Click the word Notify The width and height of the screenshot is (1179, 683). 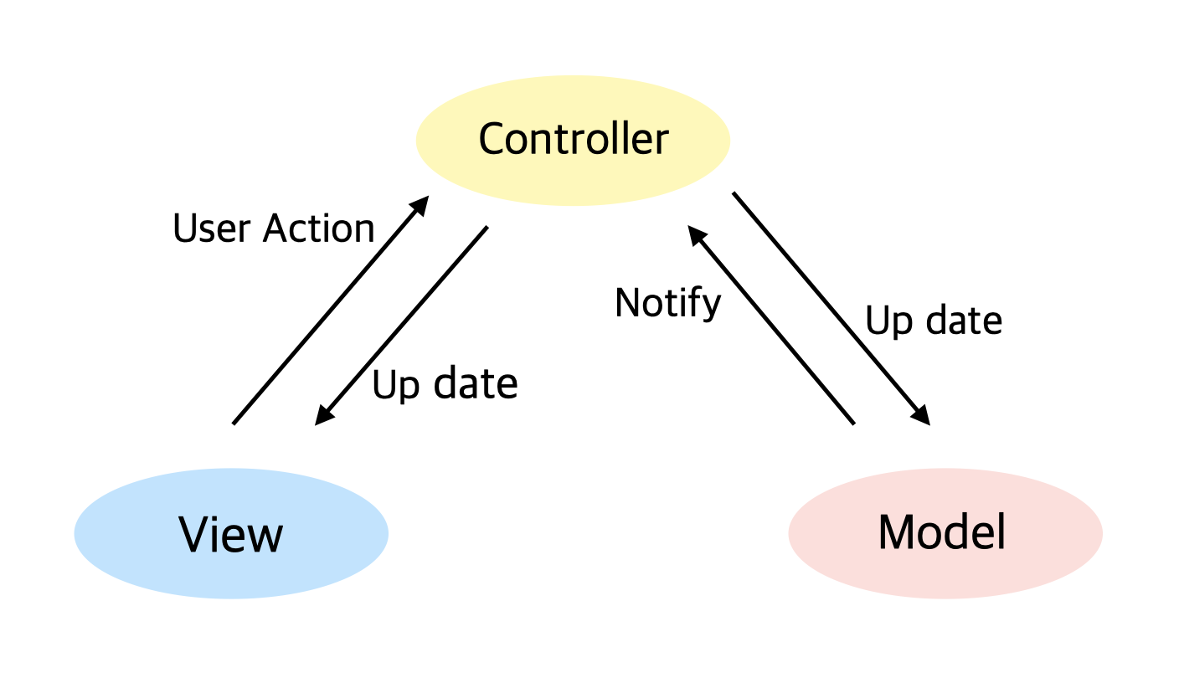pos(667,303)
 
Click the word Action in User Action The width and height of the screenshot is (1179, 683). pos(318,229)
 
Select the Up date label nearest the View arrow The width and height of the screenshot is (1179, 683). pos(445,384)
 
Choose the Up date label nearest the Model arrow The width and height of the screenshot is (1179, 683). pos(933,321)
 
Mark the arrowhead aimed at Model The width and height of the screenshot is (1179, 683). pos(922,416)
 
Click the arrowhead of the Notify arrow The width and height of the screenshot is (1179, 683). pos(696,235)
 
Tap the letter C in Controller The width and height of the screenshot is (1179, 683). pos(493,139)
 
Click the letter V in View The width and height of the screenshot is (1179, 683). pos(193,534)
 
